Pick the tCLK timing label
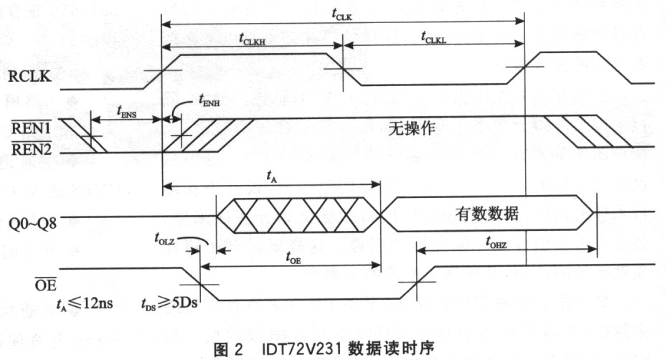[x=344, y=11]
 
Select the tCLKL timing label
[x=434, y=40]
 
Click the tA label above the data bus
[x=272, y=174]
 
